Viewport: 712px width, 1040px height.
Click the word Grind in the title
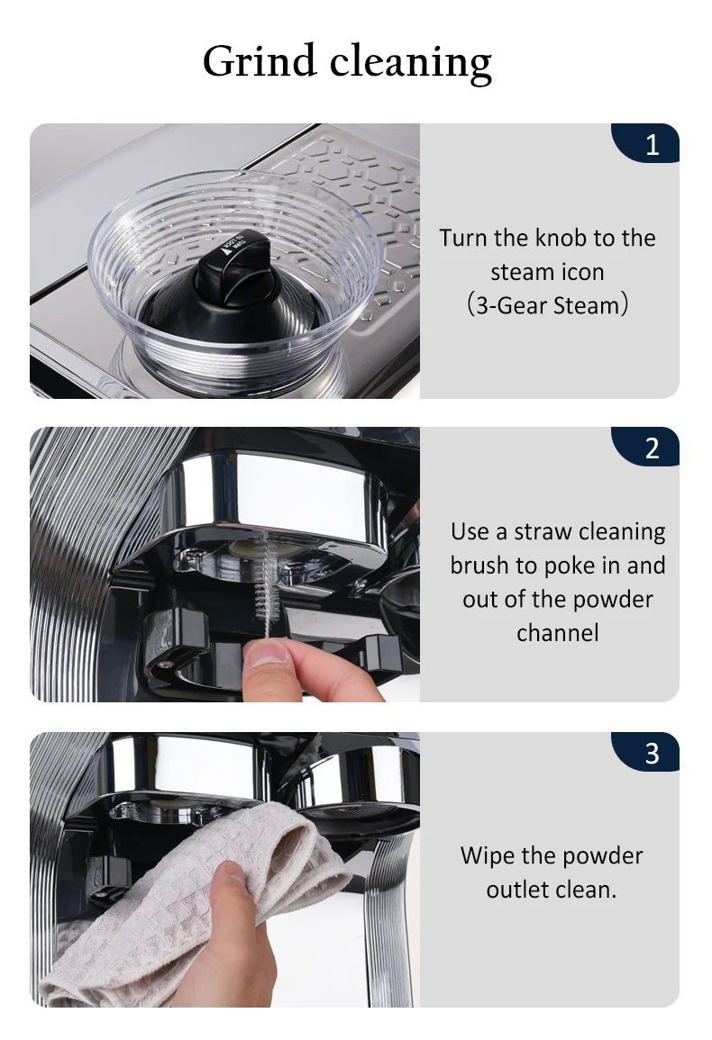[x=260, y=61]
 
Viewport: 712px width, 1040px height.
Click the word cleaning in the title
[x=410, y=63]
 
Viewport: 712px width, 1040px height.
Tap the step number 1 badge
[x=645, y=143]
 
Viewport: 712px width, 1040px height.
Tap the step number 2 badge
[x=645, y=447]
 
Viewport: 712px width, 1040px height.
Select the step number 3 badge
[x=645, y=752]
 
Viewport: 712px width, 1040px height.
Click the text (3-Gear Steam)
[x=547, y=305]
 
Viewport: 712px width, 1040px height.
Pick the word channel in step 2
[x=558, y=633]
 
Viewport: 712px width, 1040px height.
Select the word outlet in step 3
[x=517, y=890]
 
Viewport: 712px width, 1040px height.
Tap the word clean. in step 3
[x=586, y=890]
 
